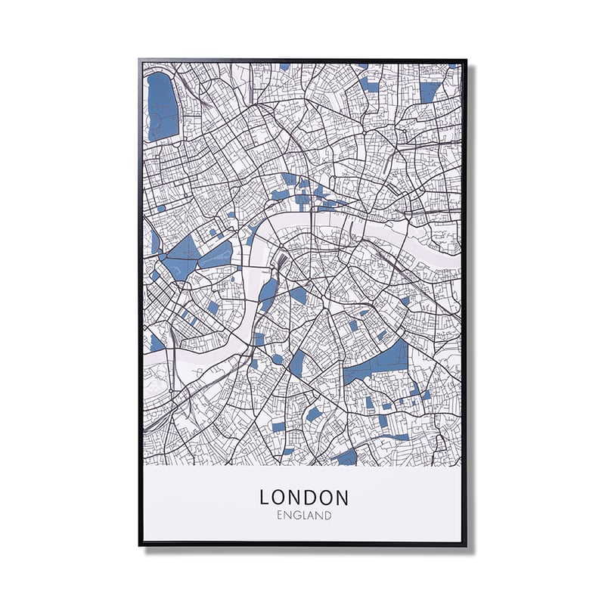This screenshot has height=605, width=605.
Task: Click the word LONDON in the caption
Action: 304,497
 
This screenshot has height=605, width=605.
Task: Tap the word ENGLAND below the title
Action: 304,516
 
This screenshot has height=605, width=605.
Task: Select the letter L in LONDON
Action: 265,497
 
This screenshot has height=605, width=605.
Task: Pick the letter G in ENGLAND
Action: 297,516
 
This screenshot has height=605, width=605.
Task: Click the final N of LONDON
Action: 342,497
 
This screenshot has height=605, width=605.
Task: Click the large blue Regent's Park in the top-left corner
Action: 162,106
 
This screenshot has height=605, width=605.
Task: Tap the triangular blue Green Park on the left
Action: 181,256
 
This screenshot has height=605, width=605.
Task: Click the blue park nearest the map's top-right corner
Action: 430,92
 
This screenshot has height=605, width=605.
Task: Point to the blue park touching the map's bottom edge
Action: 346,458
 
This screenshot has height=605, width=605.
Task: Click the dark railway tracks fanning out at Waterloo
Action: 281,265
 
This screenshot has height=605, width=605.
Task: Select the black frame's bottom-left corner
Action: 141,544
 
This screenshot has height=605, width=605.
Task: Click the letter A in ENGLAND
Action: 315,516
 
